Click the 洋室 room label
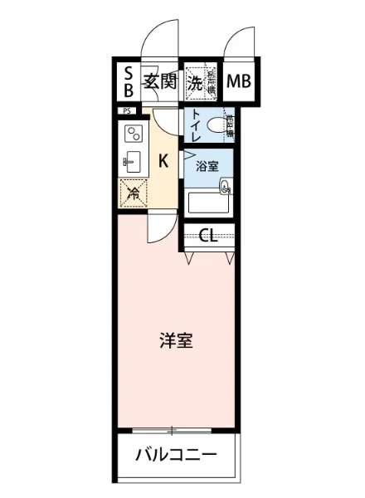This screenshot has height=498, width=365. pos(176,340)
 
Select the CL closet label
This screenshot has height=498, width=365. pos(207,235)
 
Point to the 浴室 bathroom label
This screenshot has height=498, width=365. pos(207,166)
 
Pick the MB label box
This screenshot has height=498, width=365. pos(240,81)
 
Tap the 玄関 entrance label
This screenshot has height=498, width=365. pos(158,81)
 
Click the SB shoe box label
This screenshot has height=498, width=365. pos(129,81)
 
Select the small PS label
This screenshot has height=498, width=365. pos(128,110)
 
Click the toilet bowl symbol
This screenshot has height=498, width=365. pos(219,126)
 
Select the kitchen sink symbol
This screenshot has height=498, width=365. pos(133,161)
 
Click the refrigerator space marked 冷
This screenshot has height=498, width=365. pos(133,194)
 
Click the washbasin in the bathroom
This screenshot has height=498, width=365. pos(226,188)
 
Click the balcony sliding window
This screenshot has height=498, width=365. pos(175,430)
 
